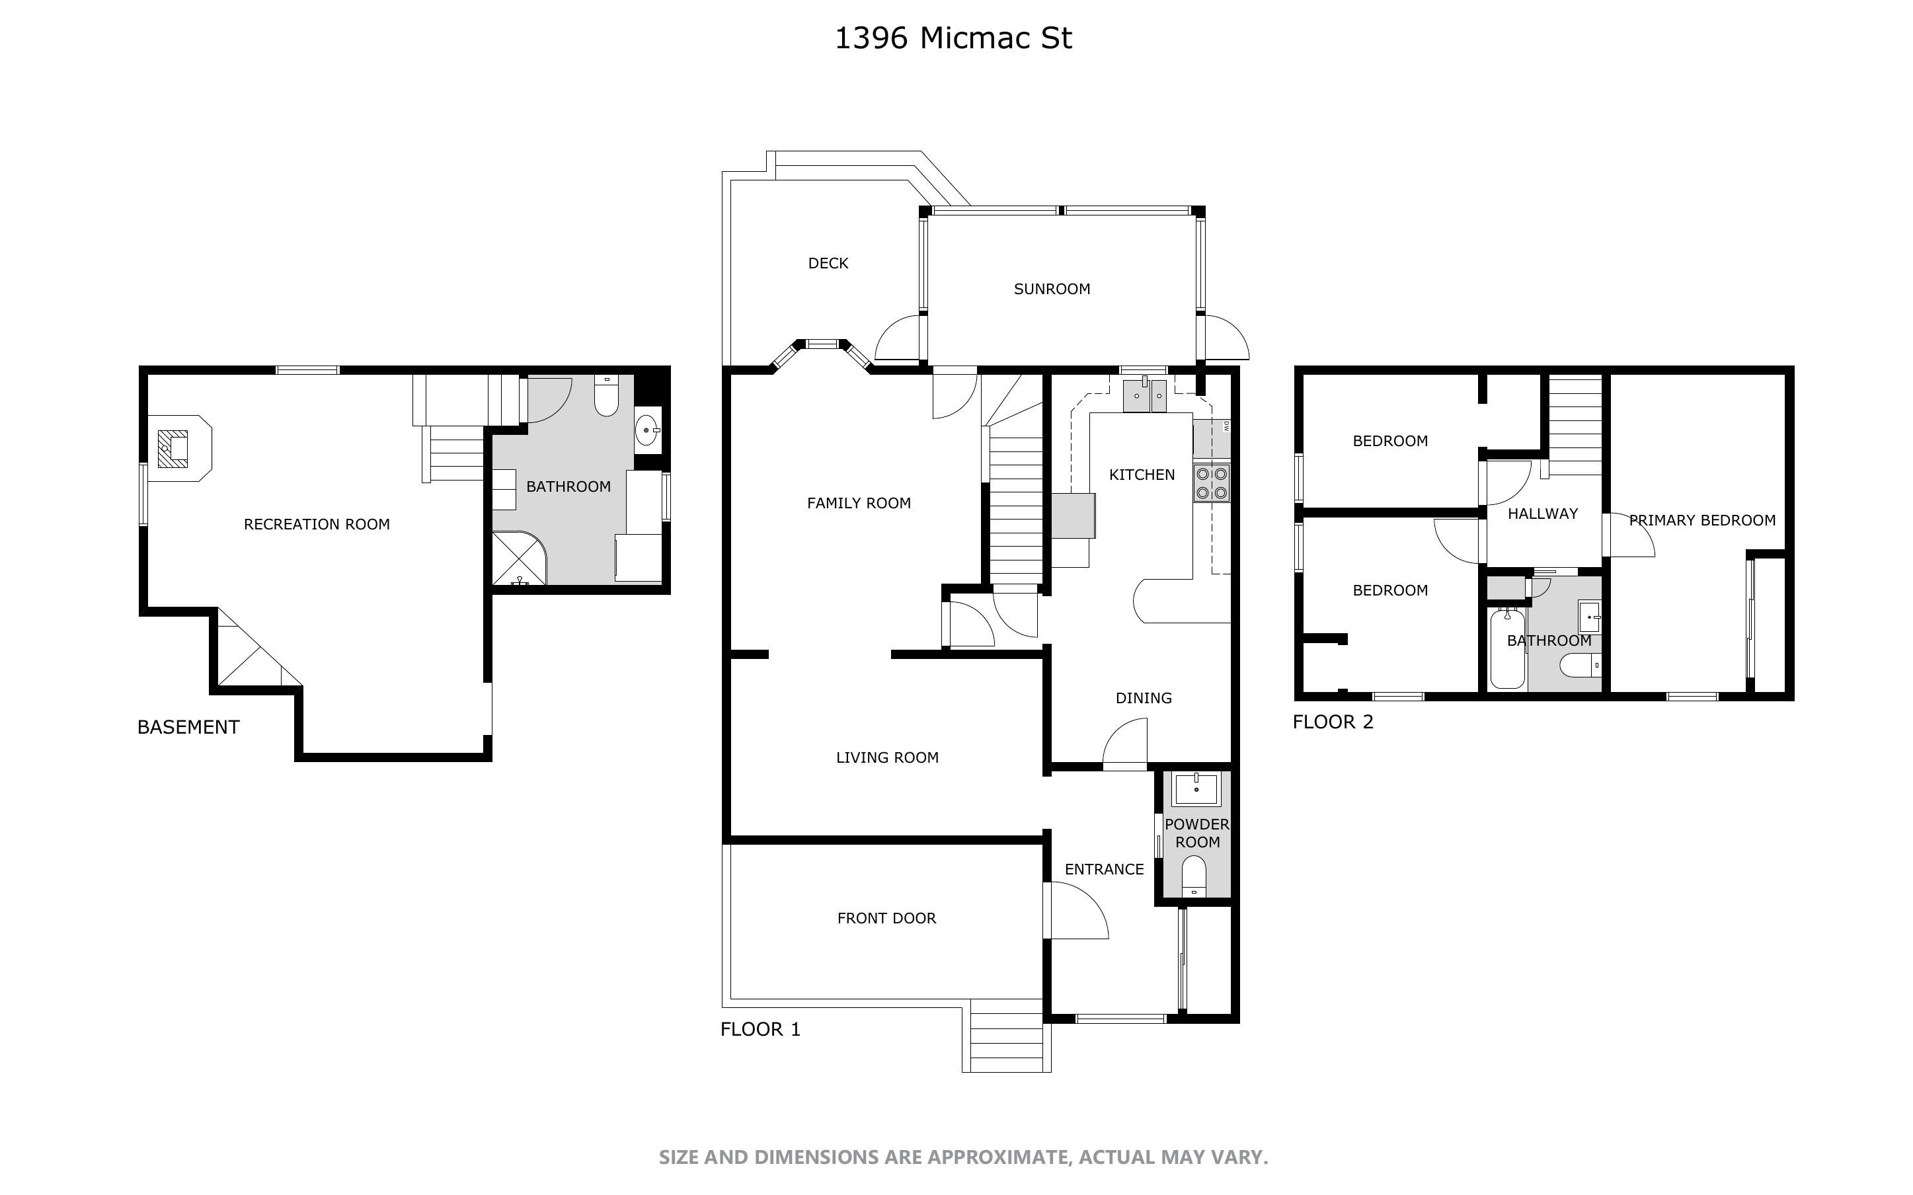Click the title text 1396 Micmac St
click(x=953, y=38)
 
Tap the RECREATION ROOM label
click(x=316, y=524)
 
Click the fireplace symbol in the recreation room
click(x=173, y=448)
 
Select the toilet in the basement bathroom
click(x=606, y=395)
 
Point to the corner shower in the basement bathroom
click(x=519, y=558)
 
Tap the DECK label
click(x=828, y=263)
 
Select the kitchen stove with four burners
click(x=1212, y=483)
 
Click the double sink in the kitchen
click(x=1145, y=395)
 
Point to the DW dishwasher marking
click(x=1226, y=427)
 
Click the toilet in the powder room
click(x=1194, y=876)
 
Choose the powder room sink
click(x=1196, y=789)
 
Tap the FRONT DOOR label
click(x=886, y=918)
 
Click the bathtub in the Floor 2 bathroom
click(x=1507, y=648)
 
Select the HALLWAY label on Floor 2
click(x=1542, y=514)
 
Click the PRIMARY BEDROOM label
click(x=1702, y=520)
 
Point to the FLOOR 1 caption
click(x=760, y=1029)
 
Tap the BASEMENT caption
click(x=188, y=727)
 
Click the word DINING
click(x=1144, y=698)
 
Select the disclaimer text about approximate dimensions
click(x=963, y=1157)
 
